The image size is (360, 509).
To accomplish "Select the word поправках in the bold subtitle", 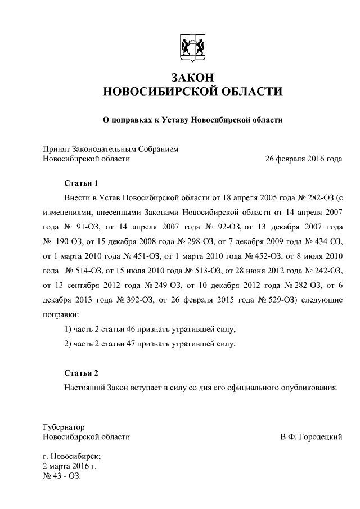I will pos(133,120).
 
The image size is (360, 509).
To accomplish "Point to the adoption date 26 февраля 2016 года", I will pos(303,159).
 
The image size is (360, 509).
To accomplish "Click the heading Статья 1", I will pos(82,183).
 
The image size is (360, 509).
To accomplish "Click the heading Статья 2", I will pos(82,373).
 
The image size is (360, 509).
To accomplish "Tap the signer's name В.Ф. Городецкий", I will pos(310,436).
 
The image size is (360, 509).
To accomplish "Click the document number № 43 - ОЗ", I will pos(62,476).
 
